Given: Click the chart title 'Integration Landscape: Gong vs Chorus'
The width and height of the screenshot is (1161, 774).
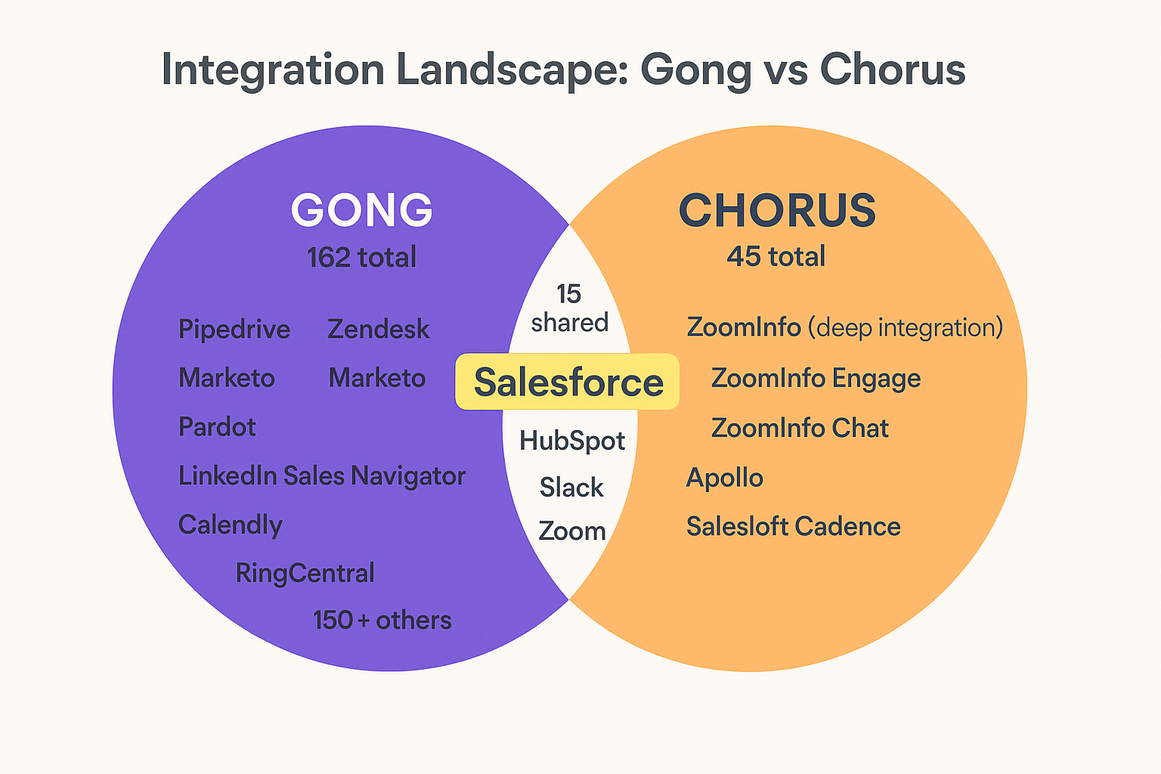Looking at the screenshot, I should tap(563, 70).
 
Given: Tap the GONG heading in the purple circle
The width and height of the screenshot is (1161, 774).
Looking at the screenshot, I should tap(361, 210).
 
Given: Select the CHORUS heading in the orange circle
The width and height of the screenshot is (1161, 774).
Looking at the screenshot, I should tap(777, 210).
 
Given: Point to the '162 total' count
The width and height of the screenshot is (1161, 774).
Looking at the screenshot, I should tap(361, 258).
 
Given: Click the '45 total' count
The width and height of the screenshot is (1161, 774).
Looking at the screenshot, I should tap(776, 257).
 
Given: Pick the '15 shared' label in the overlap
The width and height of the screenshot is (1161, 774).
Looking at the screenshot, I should tap(569, 308).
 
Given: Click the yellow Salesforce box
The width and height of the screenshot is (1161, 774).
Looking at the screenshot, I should tap(568, 382).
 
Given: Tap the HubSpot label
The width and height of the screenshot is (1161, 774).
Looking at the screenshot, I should tap(572, 441).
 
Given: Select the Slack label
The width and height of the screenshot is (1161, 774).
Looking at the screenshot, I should tap(571, 488).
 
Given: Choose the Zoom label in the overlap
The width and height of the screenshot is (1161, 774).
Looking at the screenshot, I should tap(572, 531).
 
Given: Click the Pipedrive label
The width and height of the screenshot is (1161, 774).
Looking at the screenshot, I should tap(234, 330).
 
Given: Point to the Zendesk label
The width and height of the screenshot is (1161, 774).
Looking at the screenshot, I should tap(378, 330).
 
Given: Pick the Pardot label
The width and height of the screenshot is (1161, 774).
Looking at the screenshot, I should tap(217, 427).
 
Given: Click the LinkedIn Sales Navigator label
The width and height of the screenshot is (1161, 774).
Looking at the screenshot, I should tap(321, 476).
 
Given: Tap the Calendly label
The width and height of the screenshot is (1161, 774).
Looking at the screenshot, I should tap(231, 525).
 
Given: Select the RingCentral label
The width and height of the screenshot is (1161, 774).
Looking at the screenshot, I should tap(305, 573).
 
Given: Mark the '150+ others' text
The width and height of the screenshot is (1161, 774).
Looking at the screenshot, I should tap(382, 621).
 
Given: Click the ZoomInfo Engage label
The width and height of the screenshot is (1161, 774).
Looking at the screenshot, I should tap(816, 378).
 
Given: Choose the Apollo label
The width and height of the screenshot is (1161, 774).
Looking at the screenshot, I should tap(724, 478).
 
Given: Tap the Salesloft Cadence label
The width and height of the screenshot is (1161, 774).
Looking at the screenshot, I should tap(793, 527).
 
